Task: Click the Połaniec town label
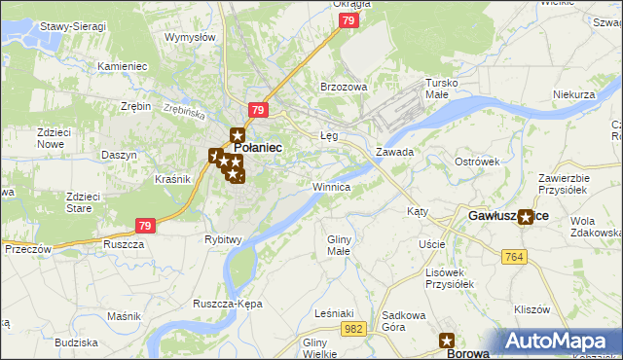[259, 147]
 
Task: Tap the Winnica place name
[331, 186]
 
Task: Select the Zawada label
[395, 153]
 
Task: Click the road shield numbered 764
[516, 256]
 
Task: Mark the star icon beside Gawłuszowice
[527, 217]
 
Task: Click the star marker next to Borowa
[448, 341]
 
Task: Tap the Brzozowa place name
[344, 87]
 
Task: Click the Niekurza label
[573, 94]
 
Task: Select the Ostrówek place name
[477, 161]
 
